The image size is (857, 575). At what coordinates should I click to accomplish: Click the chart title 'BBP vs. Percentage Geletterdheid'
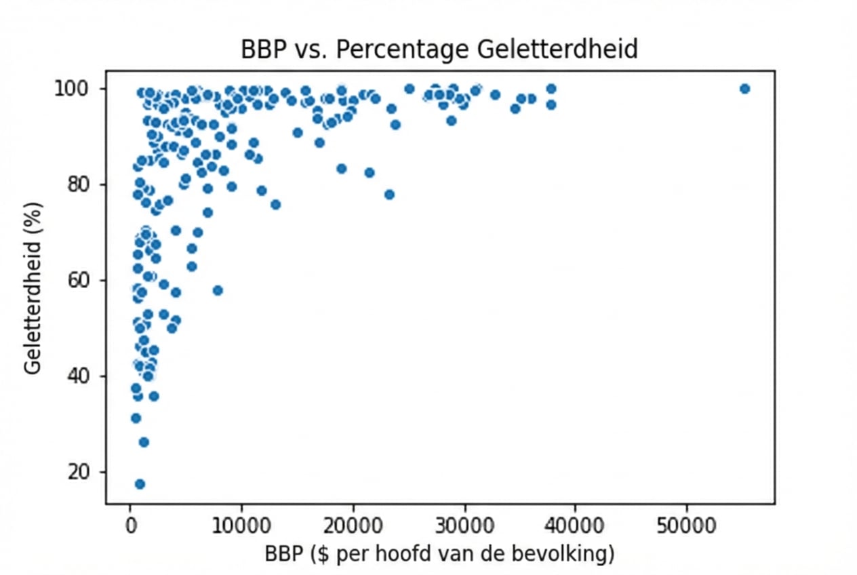point(439,49)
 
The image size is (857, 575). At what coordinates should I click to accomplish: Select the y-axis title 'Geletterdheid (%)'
point(33,287)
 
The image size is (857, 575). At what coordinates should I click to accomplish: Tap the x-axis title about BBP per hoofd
point(439,554)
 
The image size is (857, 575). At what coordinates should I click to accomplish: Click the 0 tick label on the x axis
point(130,525)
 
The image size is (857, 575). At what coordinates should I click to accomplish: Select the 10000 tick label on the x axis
point(241,525)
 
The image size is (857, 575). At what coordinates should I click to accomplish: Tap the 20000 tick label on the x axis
point(353,525)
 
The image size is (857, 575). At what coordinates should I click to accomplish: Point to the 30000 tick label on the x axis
point(464,525)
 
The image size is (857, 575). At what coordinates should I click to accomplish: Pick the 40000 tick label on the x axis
point(575,525)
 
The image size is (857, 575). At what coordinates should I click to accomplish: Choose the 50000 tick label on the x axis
point(686,525)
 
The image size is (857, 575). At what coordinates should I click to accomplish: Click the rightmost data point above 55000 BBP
point(744,89)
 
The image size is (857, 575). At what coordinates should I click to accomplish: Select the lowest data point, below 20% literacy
point(140,483)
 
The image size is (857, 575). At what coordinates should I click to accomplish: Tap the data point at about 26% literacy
point(144,442)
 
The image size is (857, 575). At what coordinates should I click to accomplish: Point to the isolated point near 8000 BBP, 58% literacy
point(217,290)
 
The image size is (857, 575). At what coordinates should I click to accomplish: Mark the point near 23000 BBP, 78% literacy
point(389,195)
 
